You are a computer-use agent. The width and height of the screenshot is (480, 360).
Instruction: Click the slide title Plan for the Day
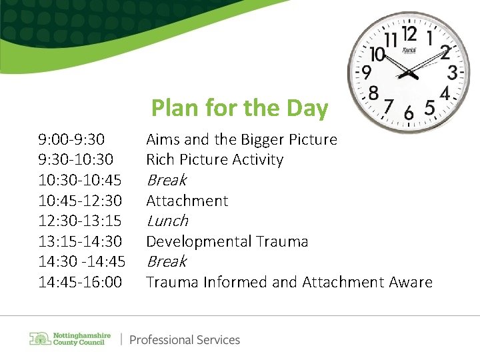coord(239,108)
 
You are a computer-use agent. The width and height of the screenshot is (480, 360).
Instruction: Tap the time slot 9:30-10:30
coord(75,160)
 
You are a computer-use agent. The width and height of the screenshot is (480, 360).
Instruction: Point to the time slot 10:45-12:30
coord(80,201)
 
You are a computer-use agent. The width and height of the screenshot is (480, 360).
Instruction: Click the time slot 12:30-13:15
coord(80,221)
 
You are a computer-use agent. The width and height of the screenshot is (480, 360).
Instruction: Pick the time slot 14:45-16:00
coord(80,282)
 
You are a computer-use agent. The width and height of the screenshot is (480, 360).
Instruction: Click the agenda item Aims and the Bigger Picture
coord(241,140)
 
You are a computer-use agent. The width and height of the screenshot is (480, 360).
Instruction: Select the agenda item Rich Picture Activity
coord(215,160)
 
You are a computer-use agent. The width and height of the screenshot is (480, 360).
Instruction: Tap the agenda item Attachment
coord(187,201)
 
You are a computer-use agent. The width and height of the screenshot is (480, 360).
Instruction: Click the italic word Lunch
coord(167,221)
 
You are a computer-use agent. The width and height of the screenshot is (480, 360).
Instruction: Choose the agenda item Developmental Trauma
coord(227,241)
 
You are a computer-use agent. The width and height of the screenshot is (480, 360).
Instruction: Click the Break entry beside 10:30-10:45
coord(166,180)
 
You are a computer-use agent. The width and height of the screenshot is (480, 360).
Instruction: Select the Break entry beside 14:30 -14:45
coord(166,261)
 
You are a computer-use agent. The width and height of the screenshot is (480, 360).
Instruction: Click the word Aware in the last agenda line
coord(409,282)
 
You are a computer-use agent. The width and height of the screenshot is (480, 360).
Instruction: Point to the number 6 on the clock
coord(408,112)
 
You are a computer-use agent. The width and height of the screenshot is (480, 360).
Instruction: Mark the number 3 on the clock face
coord(452,71)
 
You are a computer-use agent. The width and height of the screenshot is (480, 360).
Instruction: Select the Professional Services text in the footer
coord(184,340)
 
